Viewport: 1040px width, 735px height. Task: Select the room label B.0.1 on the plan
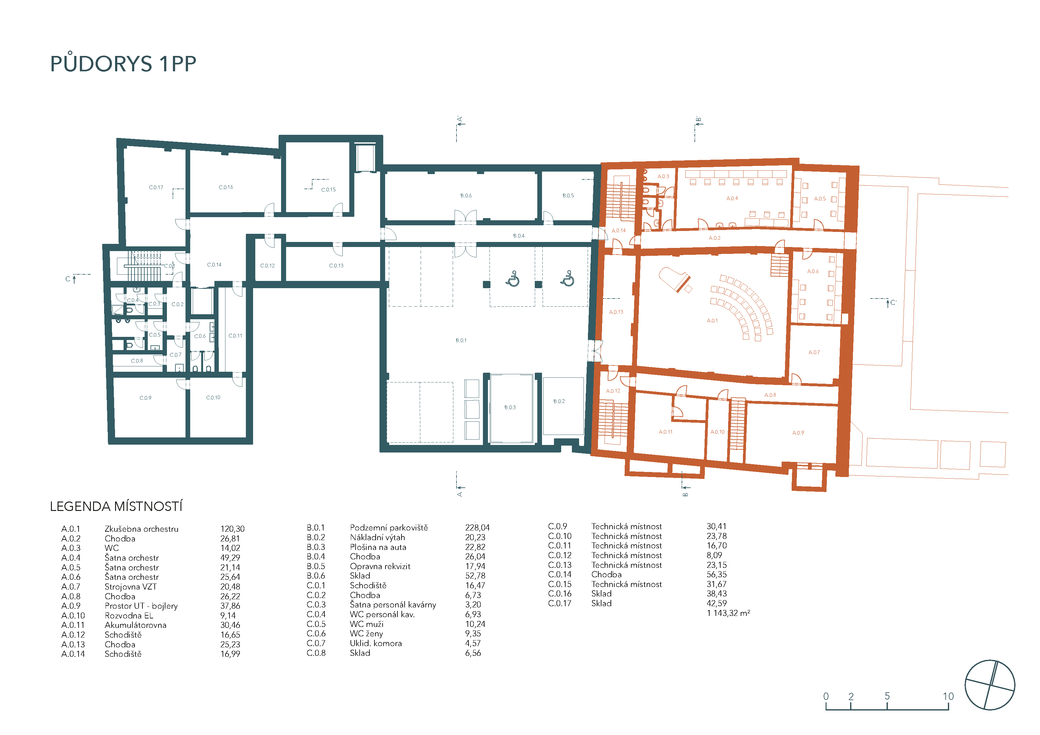pyautogui.click(x=461, y=340)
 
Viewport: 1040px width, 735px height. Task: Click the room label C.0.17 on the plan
pyautogui.click(x=156, y=188)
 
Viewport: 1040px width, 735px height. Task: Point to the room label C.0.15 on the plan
pyautogui.click(x=329, y=190)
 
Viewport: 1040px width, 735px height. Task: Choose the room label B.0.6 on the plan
pyautogui.click(x=466, y=196)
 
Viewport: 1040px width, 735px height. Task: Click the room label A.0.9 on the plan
pyautogui.click(x=798, y=433)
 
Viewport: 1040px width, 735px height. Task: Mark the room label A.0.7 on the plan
pyautogui.click(x=814, y=352)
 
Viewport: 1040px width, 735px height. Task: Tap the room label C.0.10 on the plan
pyautogui.click(x=213, y=398)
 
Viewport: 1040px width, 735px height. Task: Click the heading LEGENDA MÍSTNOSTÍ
pyautogui.click(x=116, y=506)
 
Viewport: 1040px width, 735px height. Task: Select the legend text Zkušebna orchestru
pyautogui.click(x=141, y=529)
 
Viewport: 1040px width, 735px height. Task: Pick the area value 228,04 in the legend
pyautogui.click(x=478, y=528)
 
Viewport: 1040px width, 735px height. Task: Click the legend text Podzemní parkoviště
pyautogui.click(x=389, y=528)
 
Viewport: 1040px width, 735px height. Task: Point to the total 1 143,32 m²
pyautogui.click(x=728, y=613)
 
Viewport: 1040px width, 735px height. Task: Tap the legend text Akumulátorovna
pyautogui.click(x=136, y=625)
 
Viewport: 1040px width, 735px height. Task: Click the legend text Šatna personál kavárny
pyautogui.click(x=393, y=605)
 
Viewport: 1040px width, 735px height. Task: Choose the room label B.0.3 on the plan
pyautogui.click(x=510, y=408)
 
